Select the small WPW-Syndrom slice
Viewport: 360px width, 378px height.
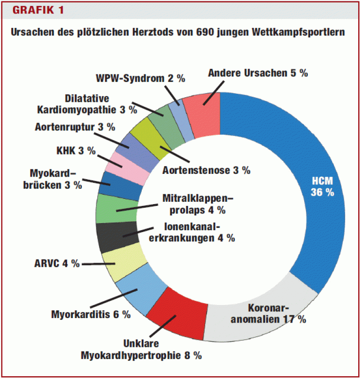pos(181,121)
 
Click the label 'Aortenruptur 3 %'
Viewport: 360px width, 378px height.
pos(75,127)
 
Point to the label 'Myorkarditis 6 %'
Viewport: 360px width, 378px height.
pos(91,314)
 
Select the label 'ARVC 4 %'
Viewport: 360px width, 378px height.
pos(57,263)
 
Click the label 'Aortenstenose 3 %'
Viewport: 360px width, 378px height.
pos(207,170)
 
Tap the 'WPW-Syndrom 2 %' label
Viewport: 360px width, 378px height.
pos(141,78)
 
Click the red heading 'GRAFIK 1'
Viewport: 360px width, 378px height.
pos(38,10)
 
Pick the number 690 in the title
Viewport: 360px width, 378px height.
pos(205,32)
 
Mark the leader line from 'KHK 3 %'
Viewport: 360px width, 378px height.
pos(110,161)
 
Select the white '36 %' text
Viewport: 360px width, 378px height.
pos(322,192)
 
